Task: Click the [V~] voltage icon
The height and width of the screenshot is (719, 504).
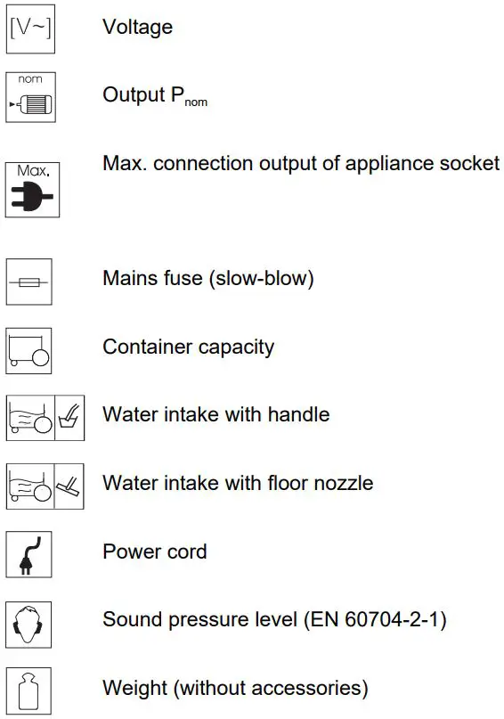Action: click(x=29, y=28)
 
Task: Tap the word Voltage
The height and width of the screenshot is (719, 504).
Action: click(x=137, y=28)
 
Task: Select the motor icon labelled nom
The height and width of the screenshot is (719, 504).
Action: click(x=29, y=96)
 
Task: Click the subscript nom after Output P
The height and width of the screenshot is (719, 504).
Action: click(x=196, y=103)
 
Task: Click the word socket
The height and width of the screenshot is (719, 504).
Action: click(x=469, y=163)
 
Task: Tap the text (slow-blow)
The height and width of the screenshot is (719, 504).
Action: click(x=263, y=279)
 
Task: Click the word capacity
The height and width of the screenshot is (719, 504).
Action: click(x=235, y=347)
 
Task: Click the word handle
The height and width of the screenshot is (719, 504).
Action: click(x=298, y=415)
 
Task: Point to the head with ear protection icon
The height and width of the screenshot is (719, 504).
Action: click(x=29, y=623)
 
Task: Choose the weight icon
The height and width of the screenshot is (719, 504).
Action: click(x=29, y=691)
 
